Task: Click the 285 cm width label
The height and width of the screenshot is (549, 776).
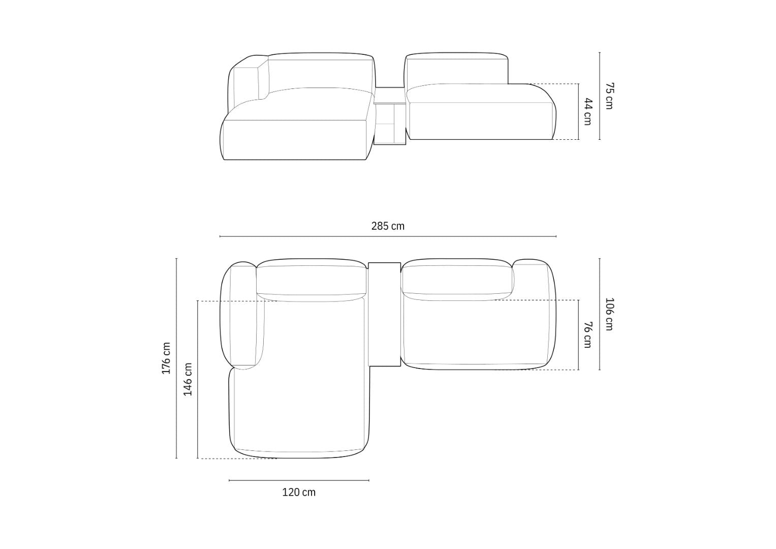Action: coord(388,226)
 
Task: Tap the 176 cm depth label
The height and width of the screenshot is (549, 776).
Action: coord(166,358)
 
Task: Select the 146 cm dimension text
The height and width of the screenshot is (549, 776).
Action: coord(188,379)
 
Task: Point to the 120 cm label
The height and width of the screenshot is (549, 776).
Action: coord(299,493)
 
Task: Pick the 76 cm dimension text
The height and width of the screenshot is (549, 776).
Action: coord(587,335)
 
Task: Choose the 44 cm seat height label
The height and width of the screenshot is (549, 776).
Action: coord(587,112)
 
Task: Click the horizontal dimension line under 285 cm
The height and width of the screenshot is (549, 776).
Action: coord(388,236)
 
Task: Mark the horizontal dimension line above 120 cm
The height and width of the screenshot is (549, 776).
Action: coord(299,480)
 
